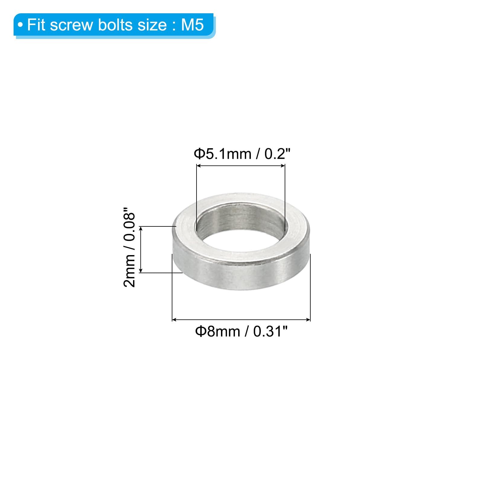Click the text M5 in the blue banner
192,24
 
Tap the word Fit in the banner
36,24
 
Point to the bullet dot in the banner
20,25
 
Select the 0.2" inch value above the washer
277,154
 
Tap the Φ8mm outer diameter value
218,331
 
